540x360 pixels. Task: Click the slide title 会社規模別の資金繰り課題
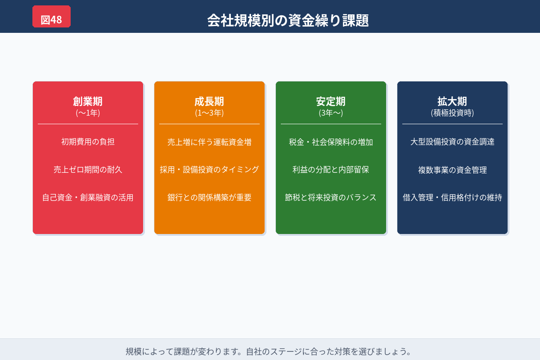(x=288, y=20)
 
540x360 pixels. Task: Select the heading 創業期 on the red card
(x=88, y=101)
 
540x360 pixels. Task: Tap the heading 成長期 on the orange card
(x=209, y=101)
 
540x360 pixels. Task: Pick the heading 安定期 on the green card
(x=331, y=101)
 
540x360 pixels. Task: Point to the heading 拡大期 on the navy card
(x=452, y=101)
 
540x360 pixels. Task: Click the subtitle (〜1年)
(x=88, y=113)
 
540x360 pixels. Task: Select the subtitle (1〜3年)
(x=209, y=113)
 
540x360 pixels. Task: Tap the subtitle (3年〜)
(x=331, y=113)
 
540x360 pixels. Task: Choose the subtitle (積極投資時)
(x=452, y=113)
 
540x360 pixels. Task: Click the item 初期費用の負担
(x=88, y=142)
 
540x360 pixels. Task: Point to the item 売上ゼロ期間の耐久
(x=88, y=170)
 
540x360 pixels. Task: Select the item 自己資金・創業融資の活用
(x=88, y=198)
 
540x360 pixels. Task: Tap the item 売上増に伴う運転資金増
(x=209, y=142)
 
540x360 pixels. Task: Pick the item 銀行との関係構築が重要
(x=209, y=198)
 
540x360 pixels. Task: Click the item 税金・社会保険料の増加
(x=331, y=142)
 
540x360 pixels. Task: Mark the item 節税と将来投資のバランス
(x=331, y=198)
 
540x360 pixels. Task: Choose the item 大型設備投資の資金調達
(x=452, y=142)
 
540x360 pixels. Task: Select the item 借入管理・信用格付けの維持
(x=452, y=198)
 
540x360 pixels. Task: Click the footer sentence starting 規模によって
(x=269, y=351)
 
